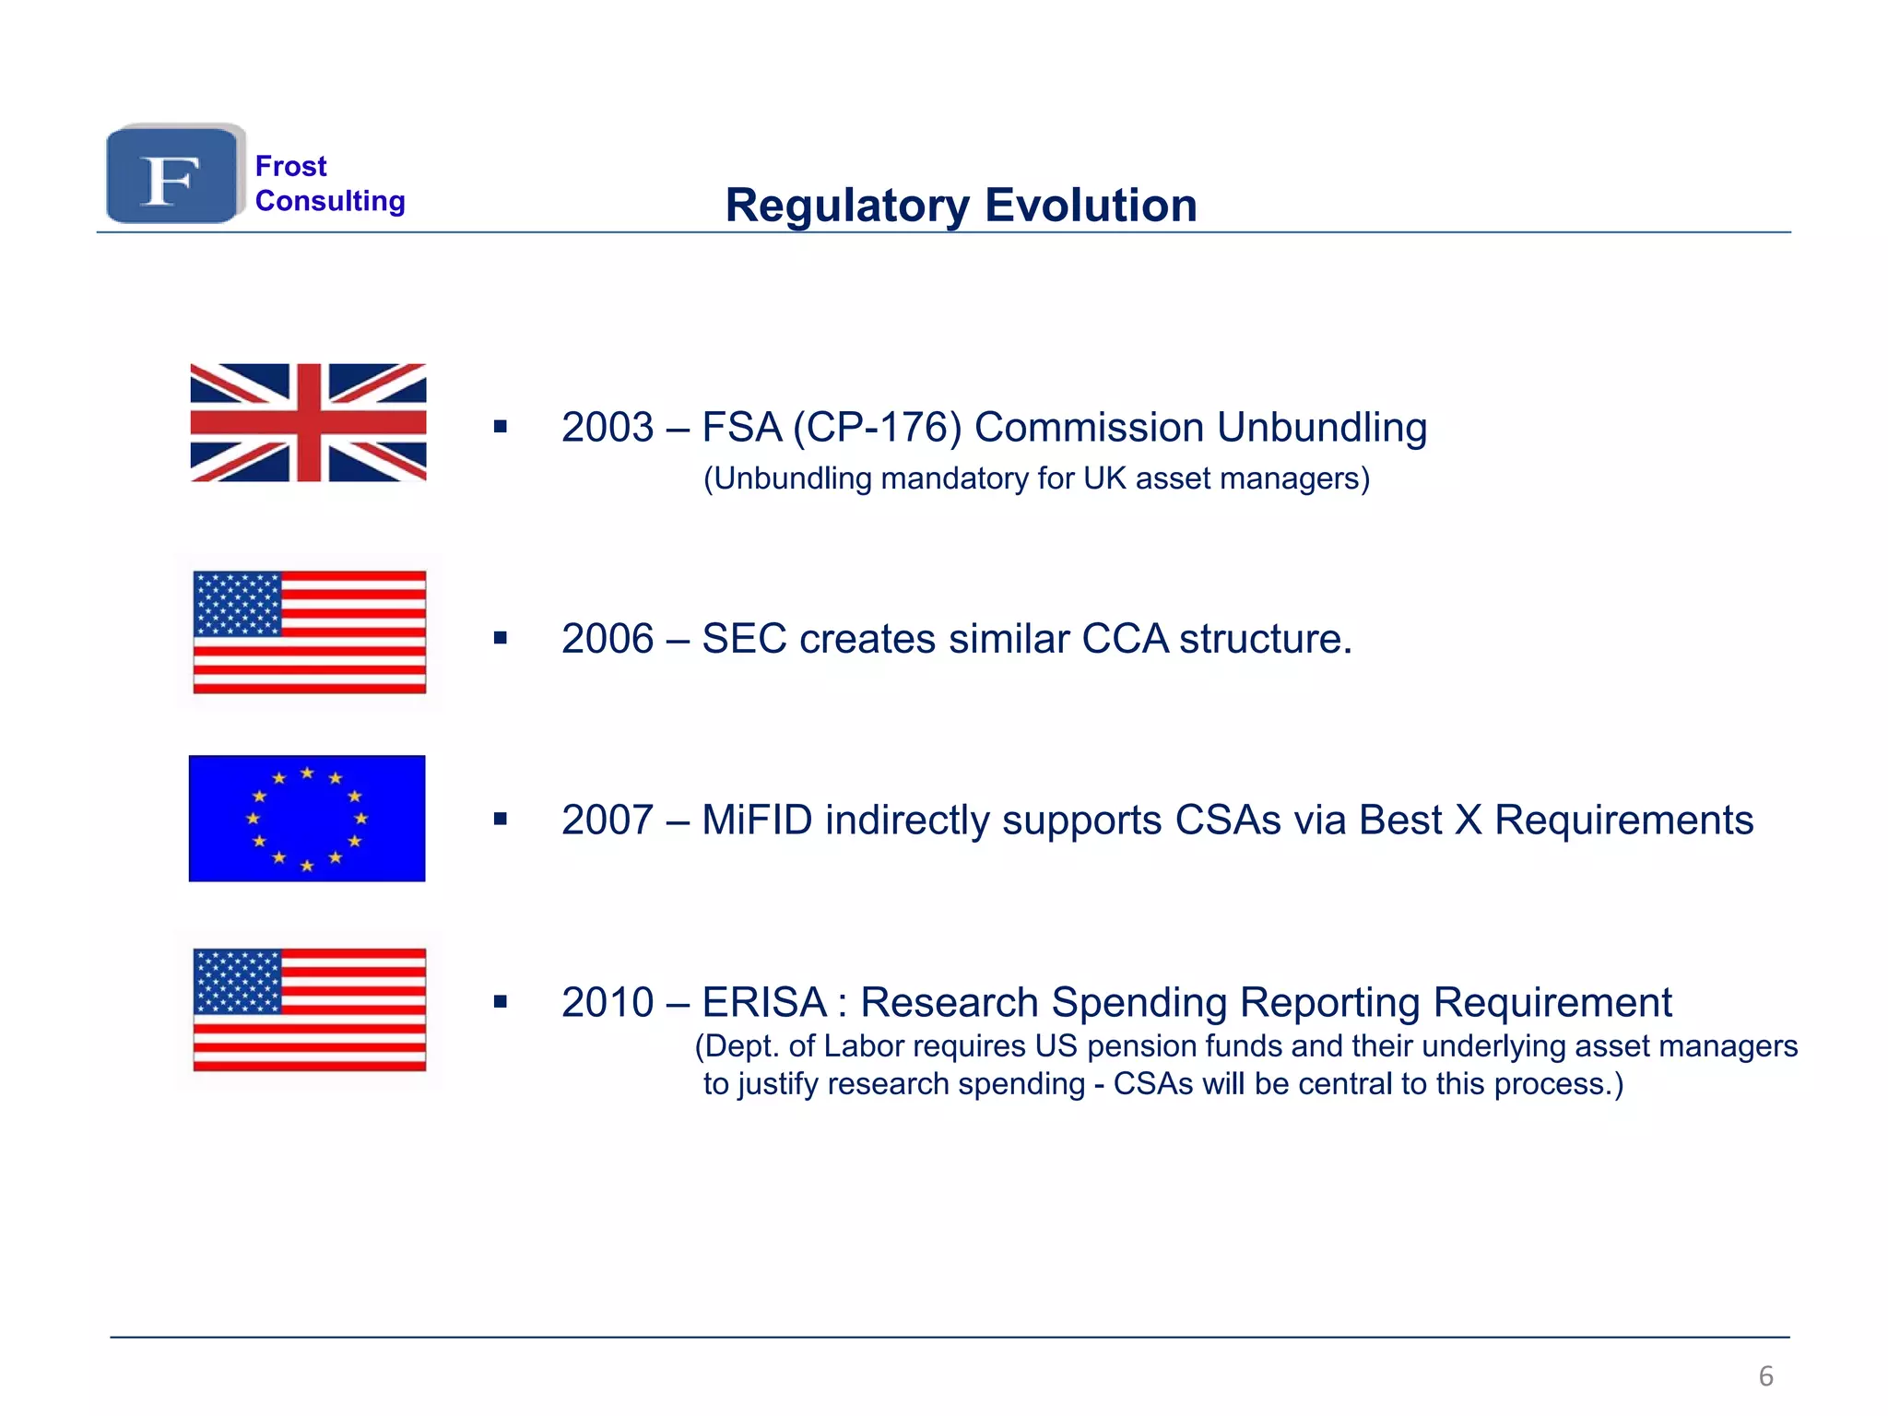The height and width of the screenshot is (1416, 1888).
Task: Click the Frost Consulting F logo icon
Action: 172,175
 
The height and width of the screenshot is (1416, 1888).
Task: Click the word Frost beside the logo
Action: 290,166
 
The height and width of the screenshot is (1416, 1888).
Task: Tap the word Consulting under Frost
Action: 330,201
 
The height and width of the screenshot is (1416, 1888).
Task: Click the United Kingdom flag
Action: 308,422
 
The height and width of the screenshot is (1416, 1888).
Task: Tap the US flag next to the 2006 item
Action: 310,632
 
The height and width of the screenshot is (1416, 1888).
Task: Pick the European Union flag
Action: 307,819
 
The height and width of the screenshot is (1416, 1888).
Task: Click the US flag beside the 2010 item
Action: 310,1009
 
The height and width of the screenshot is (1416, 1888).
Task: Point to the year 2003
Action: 608,428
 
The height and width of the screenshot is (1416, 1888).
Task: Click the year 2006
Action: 608,639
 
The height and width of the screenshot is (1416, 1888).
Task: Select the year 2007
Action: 608,820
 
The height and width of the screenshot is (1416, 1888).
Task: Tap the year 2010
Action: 608,1003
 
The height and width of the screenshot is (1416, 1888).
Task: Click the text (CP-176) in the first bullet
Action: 877,428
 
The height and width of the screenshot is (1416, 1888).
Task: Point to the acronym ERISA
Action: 764,1003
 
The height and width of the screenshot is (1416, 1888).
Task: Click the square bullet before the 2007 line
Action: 501,820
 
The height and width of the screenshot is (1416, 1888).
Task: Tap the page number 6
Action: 1765,1376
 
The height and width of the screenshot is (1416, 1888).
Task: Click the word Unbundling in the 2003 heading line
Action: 1321,428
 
